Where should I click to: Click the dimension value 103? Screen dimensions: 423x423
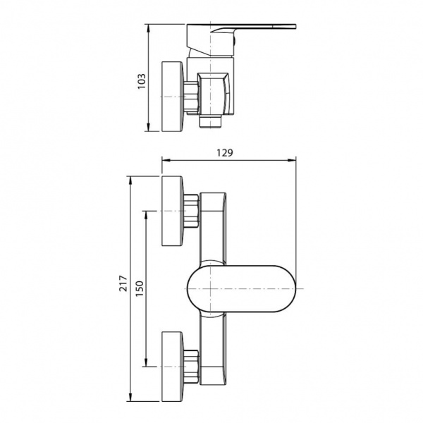tap(142, 81)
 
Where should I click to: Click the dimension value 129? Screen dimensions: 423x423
tap(225, 153)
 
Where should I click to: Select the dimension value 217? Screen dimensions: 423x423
tap(123, 283)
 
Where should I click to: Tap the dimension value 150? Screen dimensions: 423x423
tap(140, 288)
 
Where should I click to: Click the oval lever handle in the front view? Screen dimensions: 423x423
tap(241, 289)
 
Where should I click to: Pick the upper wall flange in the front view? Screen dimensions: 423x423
tap(172, 211)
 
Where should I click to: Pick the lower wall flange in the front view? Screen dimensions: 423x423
tap(172, 367)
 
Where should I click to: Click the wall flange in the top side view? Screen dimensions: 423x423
tap(172, 97)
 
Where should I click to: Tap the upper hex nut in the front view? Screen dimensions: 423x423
tap(192, 211)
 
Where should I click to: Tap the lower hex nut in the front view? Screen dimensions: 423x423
tap(192, 367)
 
